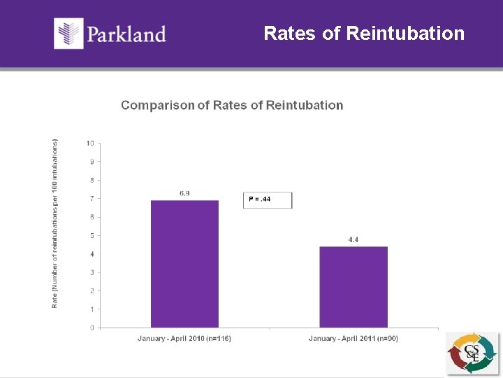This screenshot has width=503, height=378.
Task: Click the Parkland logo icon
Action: click(x=68, y=34)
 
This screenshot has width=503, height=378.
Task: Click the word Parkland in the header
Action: click(x=126, y=34)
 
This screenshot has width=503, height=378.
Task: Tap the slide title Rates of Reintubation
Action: click(x=364, y=33)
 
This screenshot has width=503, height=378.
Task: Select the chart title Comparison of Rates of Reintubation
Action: click(x=232, y=105)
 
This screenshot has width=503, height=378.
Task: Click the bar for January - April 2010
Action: click(x=184, y=264)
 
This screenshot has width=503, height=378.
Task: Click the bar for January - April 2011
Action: click(x=353, y=287)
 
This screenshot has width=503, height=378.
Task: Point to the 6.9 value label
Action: click(x=184, y=193)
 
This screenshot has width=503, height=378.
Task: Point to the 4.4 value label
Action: click(x=353, y=239)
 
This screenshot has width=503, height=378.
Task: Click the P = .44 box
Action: click(x=268, y=200)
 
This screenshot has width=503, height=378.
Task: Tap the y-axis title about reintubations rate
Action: click(x=55, y=223)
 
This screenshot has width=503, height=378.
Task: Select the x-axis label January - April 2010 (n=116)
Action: click(x=184, y=339)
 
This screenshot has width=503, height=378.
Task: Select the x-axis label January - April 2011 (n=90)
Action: click(x=353, y=339)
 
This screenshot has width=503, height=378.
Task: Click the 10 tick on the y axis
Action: click(x=90, y=143)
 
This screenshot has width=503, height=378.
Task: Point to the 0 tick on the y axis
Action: click(x=92, y=327)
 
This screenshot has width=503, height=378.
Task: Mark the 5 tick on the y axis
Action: click(x=92, y=235)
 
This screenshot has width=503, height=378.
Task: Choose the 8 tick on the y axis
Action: click(x=92, y=180)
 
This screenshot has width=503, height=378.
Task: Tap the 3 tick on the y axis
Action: click(x=92, y=272)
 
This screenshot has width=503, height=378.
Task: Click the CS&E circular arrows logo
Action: click(x=472, y=353)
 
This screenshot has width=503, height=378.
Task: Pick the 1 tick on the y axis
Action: click(x=92, y=309)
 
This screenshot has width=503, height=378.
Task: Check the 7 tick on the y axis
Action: click(x=92, y=198)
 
